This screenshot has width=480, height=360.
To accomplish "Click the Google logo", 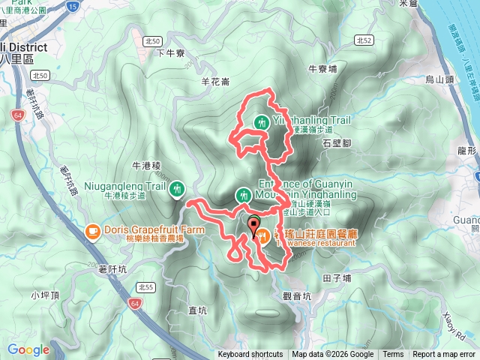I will pyautogui.click(x=28, y=349).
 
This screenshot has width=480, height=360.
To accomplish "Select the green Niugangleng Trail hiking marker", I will pyautogui.click(x=177, y=188).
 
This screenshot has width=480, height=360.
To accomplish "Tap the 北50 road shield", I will pyautogui.click(x=40, y=75).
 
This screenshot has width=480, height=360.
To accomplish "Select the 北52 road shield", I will pyautogui.click(x=364, y=40).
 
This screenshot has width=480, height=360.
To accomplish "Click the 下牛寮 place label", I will pyautogui.click(x=172, y=52).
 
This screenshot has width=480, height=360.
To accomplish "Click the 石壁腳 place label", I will pyautogui.click(x=337, y=141).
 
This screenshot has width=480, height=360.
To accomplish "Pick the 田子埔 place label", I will pyautogui.click(x=337, y=277).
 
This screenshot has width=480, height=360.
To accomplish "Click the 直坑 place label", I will pyautogui.click(x=197, y=310).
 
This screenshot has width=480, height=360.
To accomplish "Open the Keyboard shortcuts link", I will pyautogui.click(x=250, y=355).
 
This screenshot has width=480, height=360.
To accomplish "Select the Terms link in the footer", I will pyautogui.click(x=393, y=355).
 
